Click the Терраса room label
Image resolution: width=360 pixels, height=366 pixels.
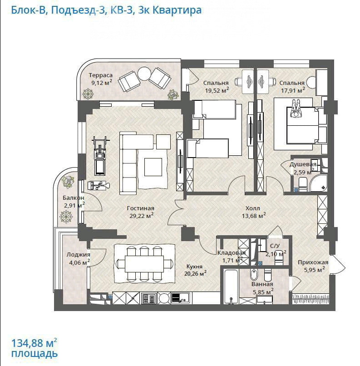(x=101, y=75)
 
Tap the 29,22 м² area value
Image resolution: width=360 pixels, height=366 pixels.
(x=141, y=215)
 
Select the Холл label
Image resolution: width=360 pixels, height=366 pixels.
(x=253, y=208)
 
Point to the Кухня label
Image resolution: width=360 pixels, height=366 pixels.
(x=194, y=267)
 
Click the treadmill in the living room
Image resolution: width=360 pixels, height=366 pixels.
(x=101, y=156)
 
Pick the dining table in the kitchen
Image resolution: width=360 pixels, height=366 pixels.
(x=144, y=264)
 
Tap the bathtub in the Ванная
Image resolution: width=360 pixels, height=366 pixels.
(x=231, y=287)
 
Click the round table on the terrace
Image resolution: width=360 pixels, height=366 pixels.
(x=145, y=74)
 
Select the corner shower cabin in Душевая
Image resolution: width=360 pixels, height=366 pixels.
(x=319, y=183)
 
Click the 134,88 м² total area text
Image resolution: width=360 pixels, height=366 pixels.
(x=34, y=343)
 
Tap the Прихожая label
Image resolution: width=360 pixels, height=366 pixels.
(x=313, y=262)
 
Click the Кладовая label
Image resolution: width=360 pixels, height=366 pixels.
(x=231, y=253)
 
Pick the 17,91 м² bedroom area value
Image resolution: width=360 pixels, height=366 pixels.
(x=293, y=90)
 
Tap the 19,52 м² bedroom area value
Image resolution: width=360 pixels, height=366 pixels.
(x=217, y=90)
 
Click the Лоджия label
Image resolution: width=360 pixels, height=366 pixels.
(x=79, y=255)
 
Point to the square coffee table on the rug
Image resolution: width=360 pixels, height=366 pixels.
(x=153, y=167)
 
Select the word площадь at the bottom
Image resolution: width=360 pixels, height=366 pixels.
(x=35, y=354)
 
